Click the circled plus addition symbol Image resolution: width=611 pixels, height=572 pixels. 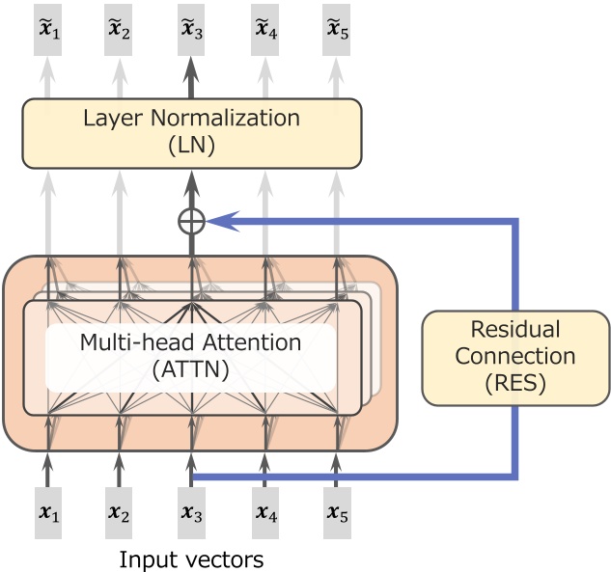(191, 221)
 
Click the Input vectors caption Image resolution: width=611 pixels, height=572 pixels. (191, 558)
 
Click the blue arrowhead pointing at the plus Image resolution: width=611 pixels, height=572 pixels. (219, 221)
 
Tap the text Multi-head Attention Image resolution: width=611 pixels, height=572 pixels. (190, 342)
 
